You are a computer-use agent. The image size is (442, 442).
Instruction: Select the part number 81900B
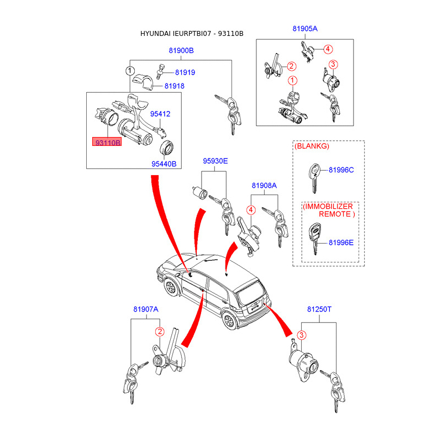[x=181, y=51]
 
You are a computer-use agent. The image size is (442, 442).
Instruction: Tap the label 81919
[x=185, y=72]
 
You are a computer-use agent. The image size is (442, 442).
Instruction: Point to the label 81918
[x=174, y=86]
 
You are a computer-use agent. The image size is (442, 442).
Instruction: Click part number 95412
[x=160, y=114]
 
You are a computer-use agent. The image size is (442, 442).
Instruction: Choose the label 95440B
[x=164, y=164]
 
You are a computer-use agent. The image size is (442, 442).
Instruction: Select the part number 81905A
[x=305, y=28]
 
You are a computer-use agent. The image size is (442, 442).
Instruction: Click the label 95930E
[x=215, y=161]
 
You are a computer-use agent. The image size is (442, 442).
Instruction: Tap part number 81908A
[x=264, y=186]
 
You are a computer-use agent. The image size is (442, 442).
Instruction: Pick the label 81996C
[x=341, y=170]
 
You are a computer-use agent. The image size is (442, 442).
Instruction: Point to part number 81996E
[x=341, y=242]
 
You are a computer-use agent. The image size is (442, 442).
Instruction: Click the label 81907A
[x=145, y=310]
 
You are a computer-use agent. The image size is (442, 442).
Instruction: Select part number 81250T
[x=319, y=310]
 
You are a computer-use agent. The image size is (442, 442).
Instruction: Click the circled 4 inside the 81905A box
[x=328, y=49]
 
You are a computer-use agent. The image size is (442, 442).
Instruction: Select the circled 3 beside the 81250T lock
[x=302, y=335]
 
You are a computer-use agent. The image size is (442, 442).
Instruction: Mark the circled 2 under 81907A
[x=159, y=332]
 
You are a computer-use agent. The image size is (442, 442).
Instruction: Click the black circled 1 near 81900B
[x=129, y=71]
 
